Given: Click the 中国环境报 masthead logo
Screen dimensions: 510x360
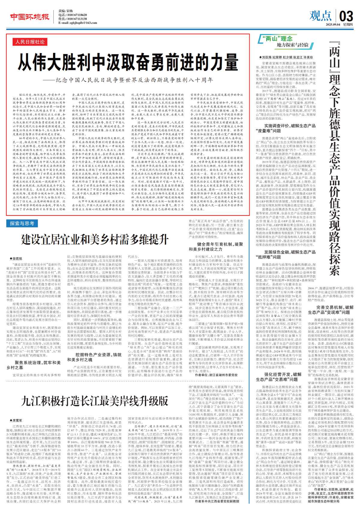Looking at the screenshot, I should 30,17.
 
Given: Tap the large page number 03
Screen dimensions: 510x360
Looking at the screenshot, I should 347,15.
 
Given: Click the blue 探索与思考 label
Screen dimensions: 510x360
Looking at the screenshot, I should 22,223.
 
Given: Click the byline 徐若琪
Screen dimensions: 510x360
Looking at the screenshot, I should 17,258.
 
